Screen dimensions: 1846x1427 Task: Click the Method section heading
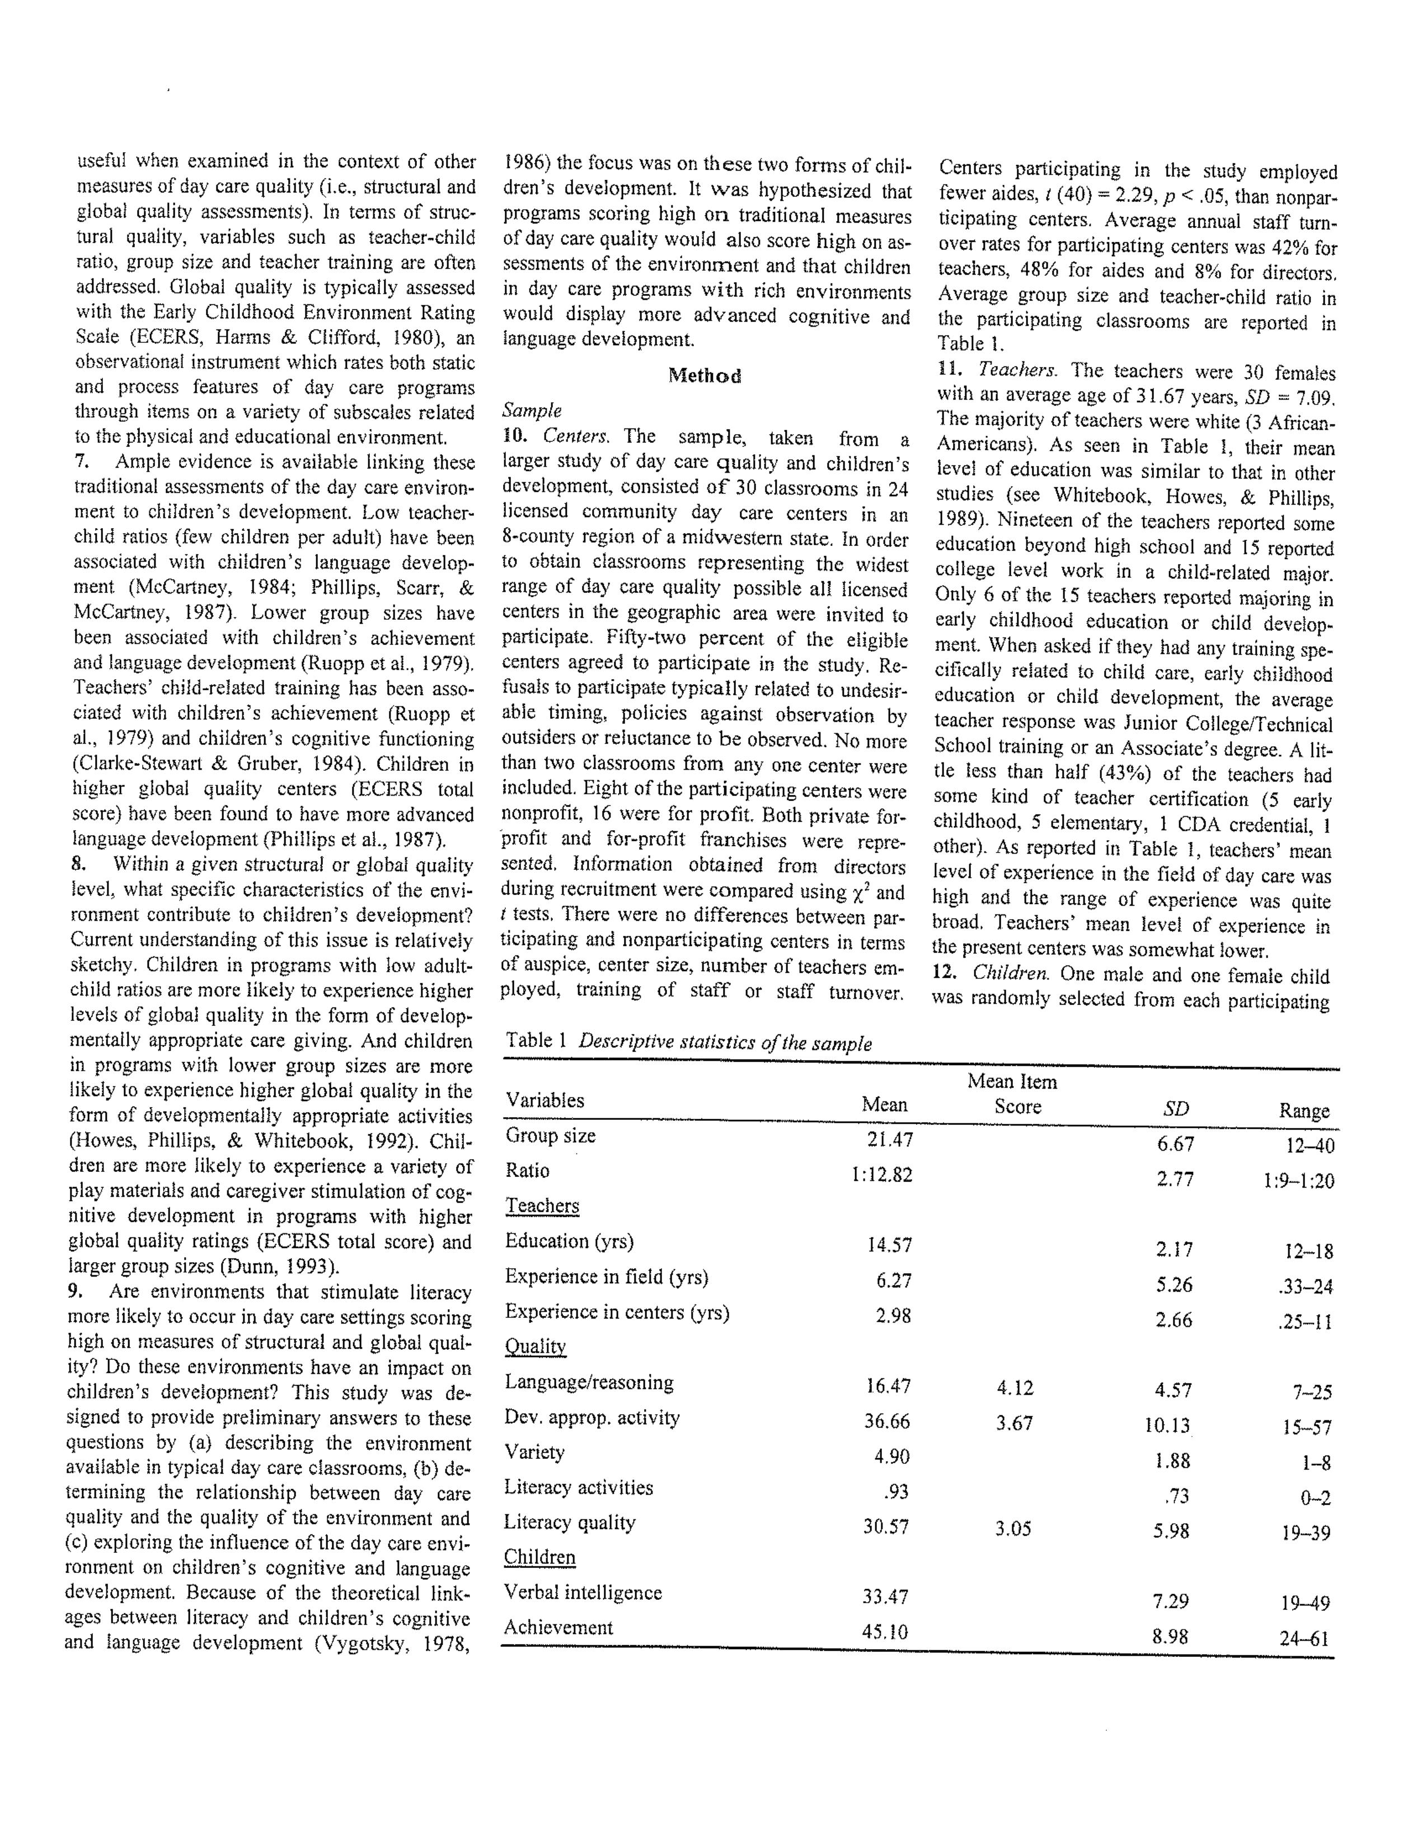704,376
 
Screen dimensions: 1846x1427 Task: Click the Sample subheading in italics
531,411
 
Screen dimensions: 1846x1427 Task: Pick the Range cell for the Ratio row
1296,1181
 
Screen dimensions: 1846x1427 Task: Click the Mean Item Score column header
1013,1094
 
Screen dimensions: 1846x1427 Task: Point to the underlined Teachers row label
542,1206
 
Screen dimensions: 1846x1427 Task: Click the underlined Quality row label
535,1346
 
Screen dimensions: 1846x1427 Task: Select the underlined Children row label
539,1557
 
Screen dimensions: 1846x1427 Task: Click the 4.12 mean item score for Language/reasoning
1013,1388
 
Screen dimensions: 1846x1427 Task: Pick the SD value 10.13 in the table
1167,1426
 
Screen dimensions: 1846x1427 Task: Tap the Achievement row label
558,1627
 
